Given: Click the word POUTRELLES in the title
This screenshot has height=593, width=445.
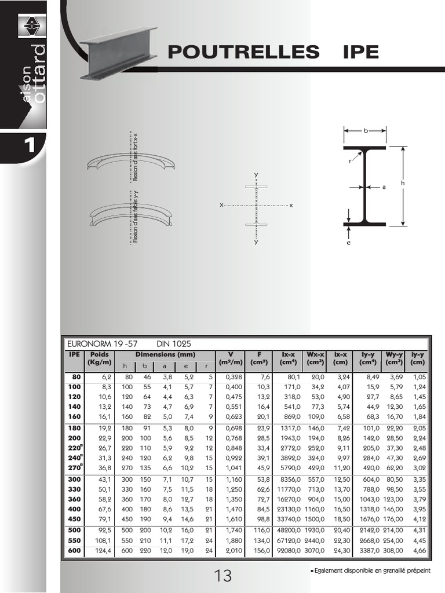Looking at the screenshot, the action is pyautogui.click(x=244, y=52).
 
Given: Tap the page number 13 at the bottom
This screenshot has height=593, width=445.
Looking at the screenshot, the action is pyautogui.click(x=222, y=576).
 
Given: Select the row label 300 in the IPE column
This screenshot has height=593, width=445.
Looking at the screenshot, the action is pyautogui.click(x=75, y=479).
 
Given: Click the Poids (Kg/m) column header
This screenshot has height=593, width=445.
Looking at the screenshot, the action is pyautogui.click(x=100, y=358).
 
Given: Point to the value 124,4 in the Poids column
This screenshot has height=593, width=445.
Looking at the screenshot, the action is pyautogui.click(x=103, y=551).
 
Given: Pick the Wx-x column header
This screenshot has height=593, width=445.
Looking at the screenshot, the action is pyautogui.click(x=316, y=358).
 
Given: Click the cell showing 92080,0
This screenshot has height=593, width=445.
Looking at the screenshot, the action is pyautogui.click(x=289, y=551).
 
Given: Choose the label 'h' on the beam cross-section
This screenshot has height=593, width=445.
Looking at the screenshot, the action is pyautogui.click(x=403, y=183).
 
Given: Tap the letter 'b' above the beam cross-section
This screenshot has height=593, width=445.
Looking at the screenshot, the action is pyautogui.click(x=366, y=131).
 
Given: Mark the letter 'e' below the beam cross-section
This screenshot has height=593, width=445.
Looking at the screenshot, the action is pyautogui.click(x=348, y=243).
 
